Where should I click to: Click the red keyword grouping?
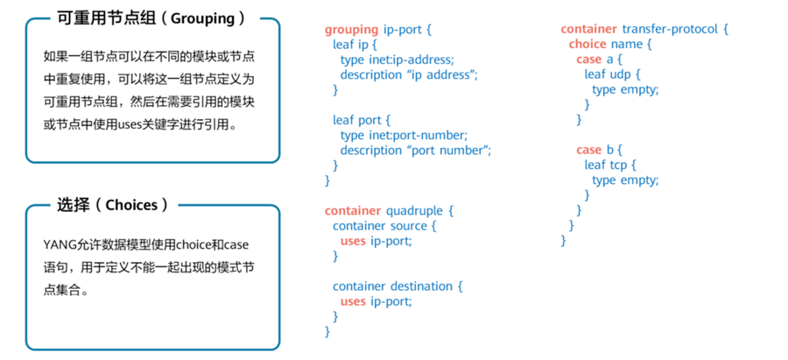tap(352, 29)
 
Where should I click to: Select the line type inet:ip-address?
tap(397, 59)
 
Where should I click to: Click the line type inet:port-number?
tap(404, 135)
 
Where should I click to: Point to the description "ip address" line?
tap(409, 74)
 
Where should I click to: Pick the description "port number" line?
tap(416, 150)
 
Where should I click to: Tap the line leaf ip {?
tap(355, 44)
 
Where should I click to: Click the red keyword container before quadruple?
tap(353, 211)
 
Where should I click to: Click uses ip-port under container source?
tap(375, 241)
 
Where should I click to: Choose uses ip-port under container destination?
tap(375, 301)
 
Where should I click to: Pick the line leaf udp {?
tap(612, 74)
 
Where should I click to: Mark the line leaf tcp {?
tap(611, 165)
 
